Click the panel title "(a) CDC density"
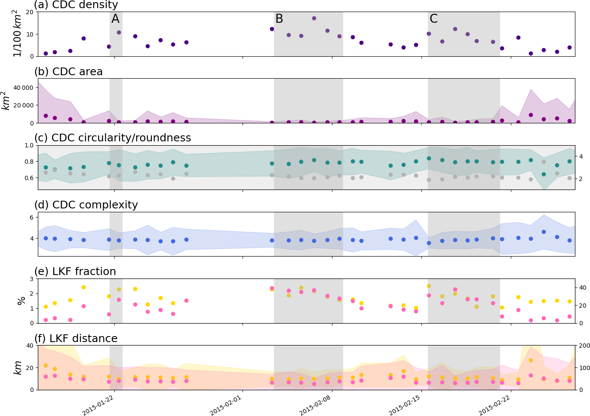click(x=76, y=5)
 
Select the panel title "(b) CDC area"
click(x=68, y=72)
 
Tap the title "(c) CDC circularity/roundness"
click(x=112, y=138)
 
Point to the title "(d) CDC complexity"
click(x=86, y=205)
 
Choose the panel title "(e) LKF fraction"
click(x=75, y=272)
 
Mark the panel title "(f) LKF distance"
click(x=76, y=339)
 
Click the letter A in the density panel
click(x=115, y=19)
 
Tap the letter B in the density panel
click(x=279, y=19)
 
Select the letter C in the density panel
click(x=433, y=19)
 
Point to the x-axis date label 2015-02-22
click(x=495, y=405)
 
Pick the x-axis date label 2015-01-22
click(x=98, y=405)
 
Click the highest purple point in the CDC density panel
click(x=314, y=18)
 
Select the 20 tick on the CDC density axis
click(x=30, y=12)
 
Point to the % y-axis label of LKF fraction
click(x=21, y=301)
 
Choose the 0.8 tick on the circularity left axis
click(x=29, y=162)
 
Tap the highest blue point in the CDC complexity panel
click(x=544, y=232)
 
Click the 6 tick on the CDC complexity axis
click(x=31, y=217)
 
